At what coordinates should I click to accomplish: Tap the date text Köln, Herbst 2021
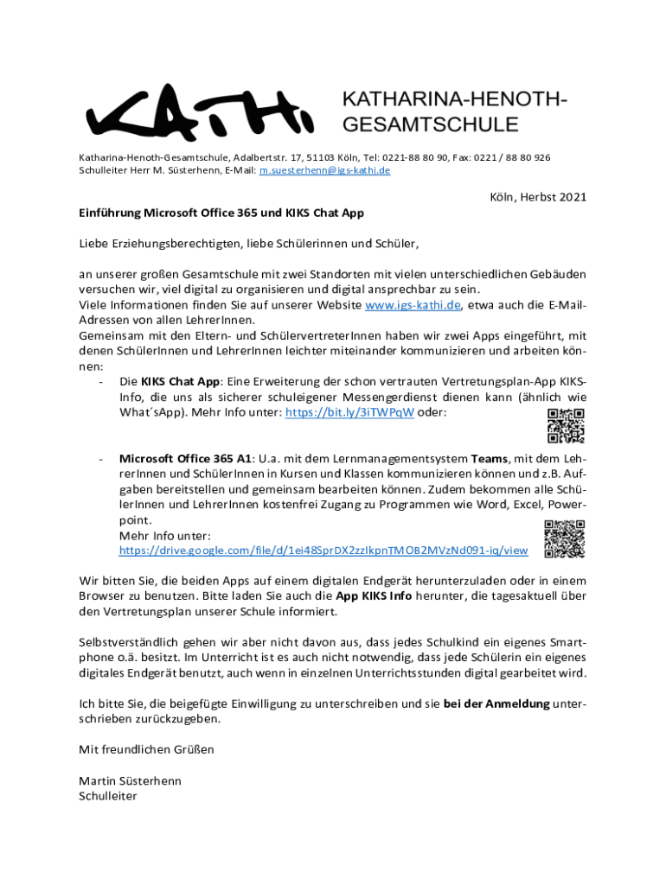point(538,197)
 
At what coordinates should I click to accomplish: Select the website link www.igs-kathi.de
point(413,305)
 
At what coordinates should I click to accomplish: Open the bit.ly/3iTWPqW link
point(350,413)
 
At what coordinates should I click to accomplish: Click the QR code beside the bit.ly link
point(567,423)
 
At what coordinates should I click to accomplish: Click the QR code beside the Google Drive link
point(564,538)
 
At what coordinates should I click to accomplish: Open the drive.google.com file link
point(323,551)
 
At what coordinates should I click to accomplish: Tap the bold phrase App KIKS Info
point(374,596)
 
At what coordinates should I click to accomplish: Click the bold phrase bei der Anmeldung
point(496,704)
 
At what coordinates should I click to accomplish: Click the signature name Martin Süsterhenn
point(130,780)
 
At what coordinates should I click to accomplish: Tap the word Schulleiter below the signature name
point(108,796)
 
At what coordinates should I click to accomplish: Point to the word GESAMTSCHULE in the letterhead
point(431,124)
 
